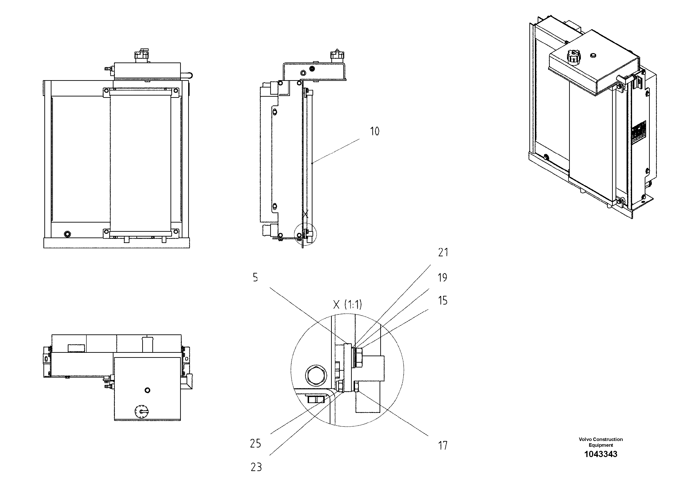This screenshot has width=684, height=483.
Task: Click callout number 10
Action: click(x=375, y=131)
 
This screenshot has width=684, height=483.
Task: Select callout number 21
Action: click(x=443, y=252)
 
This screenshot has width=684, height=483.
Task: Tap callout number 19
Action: click(x=442, y=277)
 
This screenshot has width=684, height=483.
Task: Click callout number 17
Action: click(x=443, y=446)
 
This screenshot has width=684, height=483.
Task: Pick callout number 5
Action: click(x=255, y=277)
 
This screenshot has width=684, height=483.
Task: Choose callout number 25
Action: click(x=255, y=444)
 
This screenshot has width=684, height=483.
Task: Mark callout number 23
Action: click(x=256, y=467)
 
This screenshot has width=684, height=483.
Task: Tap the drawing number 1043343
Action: click(x=601, y=454)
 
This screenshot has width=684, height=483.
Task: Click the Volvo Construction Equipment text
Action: click(x=601, y=442)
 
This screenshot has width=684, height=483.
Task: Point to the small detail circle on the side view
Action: click(x=305, y=234)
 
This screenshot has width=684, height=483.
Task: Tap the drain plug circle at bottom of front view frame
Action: click(x=67, y=234)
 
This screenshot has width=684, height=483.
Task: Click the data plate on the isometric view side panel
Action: click(x=640, y=133)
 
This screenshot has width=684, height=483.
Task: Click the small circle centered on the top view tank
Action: click(x=147, y=390)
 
